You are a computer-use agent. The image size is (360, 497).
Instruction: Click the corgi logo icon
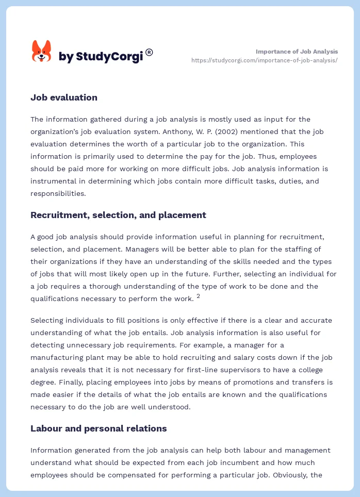(x=41, y=52)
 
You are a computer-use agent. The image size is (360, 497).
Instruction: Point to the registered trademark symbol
(x=149, y=52)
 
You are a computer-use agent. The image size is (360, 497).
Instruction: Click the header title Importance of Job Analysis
(x=297, y=52)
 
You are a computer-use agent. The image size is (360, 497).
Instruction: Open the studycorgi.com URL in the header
(x=264, y=60)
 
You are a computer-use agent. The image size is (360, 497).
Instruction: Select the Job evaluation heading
(x=64, y=97)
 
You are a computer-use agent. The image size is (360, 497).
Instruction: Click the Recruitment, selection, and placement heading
(x=118, y=215)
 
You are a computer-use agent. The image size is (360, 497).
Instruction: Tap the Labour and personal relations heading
(x=99, y=428)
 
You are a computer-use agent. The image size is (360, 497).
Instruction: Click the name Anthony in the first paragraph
(x=145, y=131)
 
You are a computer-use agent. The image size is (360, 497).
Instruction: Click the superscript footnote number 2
(x=198, y=296)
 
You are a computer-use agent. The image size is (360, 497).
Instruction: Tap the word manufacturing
(x=57, y=357)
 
